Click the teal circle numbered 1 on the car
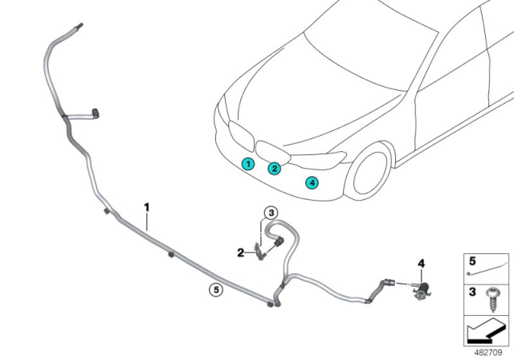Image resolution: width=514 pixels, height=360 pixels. pyautogui.click(x=249, y=164)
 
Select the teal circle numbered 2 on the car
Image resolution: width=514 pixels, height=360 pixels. pyautogui.click(x=275, y=168)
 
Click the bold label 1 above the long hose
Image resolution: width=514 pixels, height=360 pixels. pyautogui.click(x=146, y=207)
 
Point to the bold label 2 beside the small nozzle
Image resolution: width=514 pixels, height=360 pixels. pyautogui.click(x=240, y=252)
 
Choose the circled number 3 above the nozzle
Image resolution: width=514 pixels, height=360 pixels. pyautogui.click(x=271, y=213)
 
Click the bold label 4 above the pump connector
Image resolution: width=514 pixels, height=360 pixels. pyautogui.click(x=419, y=264)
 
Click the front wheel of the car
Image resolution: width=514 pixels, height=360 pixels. pyautogui.click(x=376, y=173)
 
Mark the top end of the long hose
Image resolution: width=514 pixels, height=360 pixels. pyautogui.click(x=81, y=29)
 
